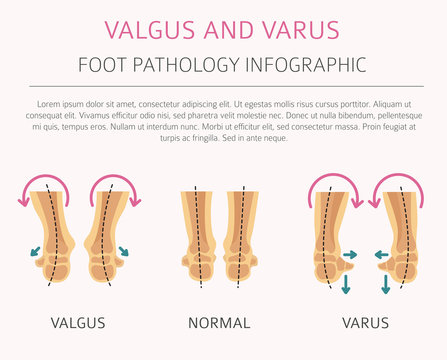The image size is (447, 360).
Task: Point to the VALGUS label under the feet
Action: click(74, 323)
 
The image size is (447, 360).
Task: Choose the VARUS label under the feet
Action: click(365, 323)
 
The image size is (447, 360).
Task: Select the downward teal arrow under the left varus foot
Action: click(345, 283)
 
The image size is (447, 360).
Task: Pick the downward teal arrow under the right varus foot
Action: click(386, 283)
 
